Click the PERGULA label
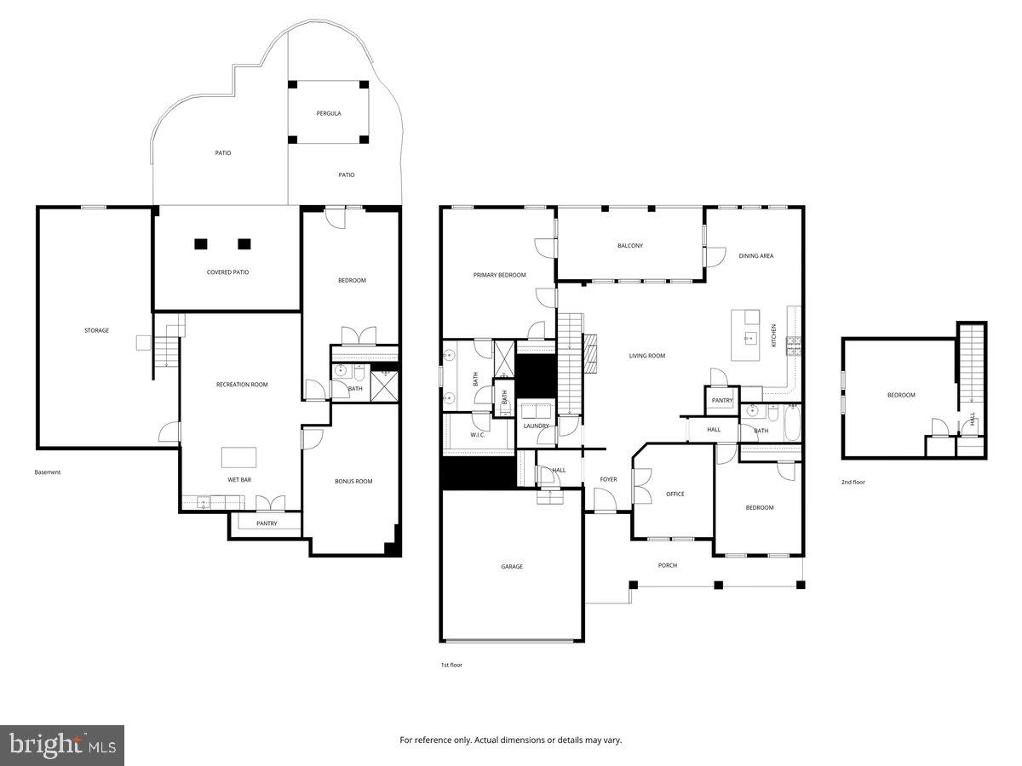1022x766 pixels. click(328, 113)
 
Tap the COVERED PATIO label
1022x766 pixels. click(227, 272)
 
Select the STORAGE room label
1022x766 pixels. click(96, 330)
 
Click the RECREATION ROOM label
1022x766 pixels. click(242, 385)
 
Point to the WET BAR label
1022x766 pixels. click(238, 480)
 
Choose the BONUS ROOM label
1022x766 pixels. click(353, 482)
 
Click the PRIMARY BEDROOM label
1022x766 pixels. click(499, 275)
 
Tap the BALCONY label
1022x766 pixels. click(630, 246)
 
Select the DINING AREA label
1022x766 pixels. click(755, 256)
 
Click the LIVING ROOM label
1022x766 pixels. click(647, 356)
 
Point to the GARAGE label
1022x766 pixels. click(511, 567)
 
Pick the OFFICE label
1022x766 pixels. click(675, 494)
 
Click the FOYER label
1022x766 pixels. click(608, 480)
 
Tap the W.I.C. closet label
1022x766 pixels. click(477, 435)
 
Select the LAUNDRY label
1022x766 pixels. click(536, 426)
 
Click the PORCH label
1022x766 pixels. click(668, 565)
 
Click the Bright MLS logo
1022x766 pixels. click(62, 745)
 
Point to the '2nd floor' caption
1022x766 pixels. click(853, 483)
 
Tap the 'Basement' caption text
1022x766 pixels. click(48, 472)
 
